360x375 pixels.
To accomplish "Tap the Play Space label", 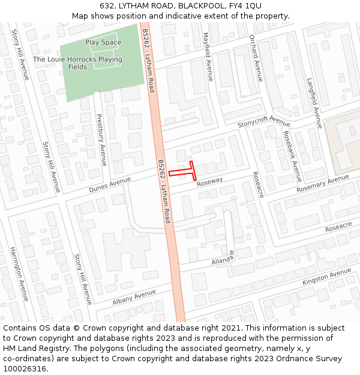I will [103, 43].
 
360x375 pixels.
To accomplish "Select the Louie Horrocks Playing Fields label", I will [77, 63].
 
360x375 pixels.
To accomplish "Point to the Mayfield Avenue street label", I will [208, 57].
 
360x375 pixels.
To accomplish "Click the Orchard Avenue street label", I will [256, 58].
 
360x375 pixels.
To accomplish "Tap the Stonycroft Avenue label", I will [263, 122].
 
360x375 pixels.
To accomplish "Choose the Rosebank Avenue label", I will [292, 157].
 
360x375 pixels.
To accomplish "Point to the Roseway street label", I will [209, 181].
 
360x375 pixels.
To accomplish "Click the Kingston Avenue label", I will [327, 277].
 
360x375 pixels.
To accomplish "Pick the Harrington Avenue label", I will [19, 274].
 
